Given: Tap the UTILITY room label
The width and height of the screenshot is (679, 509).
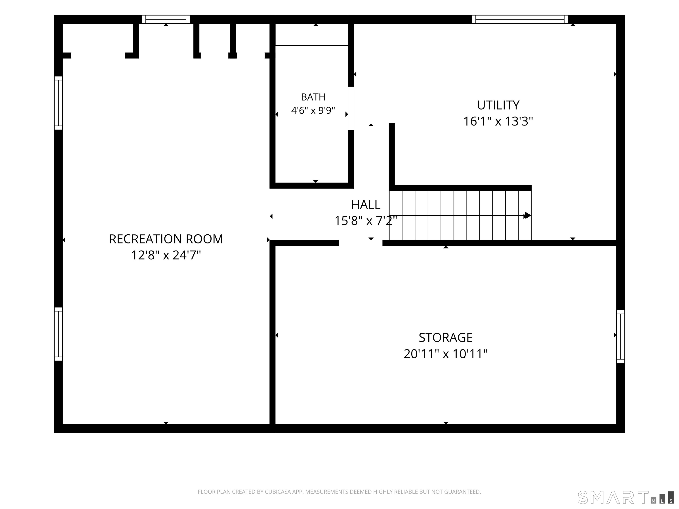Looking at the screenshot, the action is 498,105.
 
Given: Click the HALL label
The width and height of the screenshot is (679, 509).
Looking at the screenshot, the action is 366,205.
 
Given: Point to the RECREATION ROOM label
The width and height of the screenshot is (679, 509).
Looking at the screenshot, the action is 166,239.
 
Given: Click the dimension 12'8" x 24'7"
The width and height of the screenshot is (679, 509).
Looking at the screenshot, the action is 166,255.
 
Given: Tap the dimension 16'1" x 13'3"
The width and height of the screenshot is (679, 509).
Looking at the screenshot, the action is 498,122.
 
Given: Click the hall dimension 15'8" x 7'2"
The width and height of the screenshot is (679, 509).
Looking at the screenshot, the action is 366,221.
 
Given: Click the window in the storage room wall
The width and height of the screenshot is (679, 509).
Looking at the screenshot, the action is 620,337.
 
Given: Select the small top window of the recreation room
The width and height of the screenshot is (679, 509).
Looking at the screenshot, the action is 166,19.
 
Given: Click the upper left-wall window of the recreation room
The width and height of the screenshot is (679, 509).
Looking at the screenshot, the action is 58,103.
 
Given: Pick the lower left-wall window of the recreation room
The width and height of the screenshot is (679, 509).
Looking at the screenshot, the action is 58,334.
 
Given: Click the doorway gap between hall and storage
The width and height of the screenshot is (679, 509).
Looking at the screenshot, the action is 361,243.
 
